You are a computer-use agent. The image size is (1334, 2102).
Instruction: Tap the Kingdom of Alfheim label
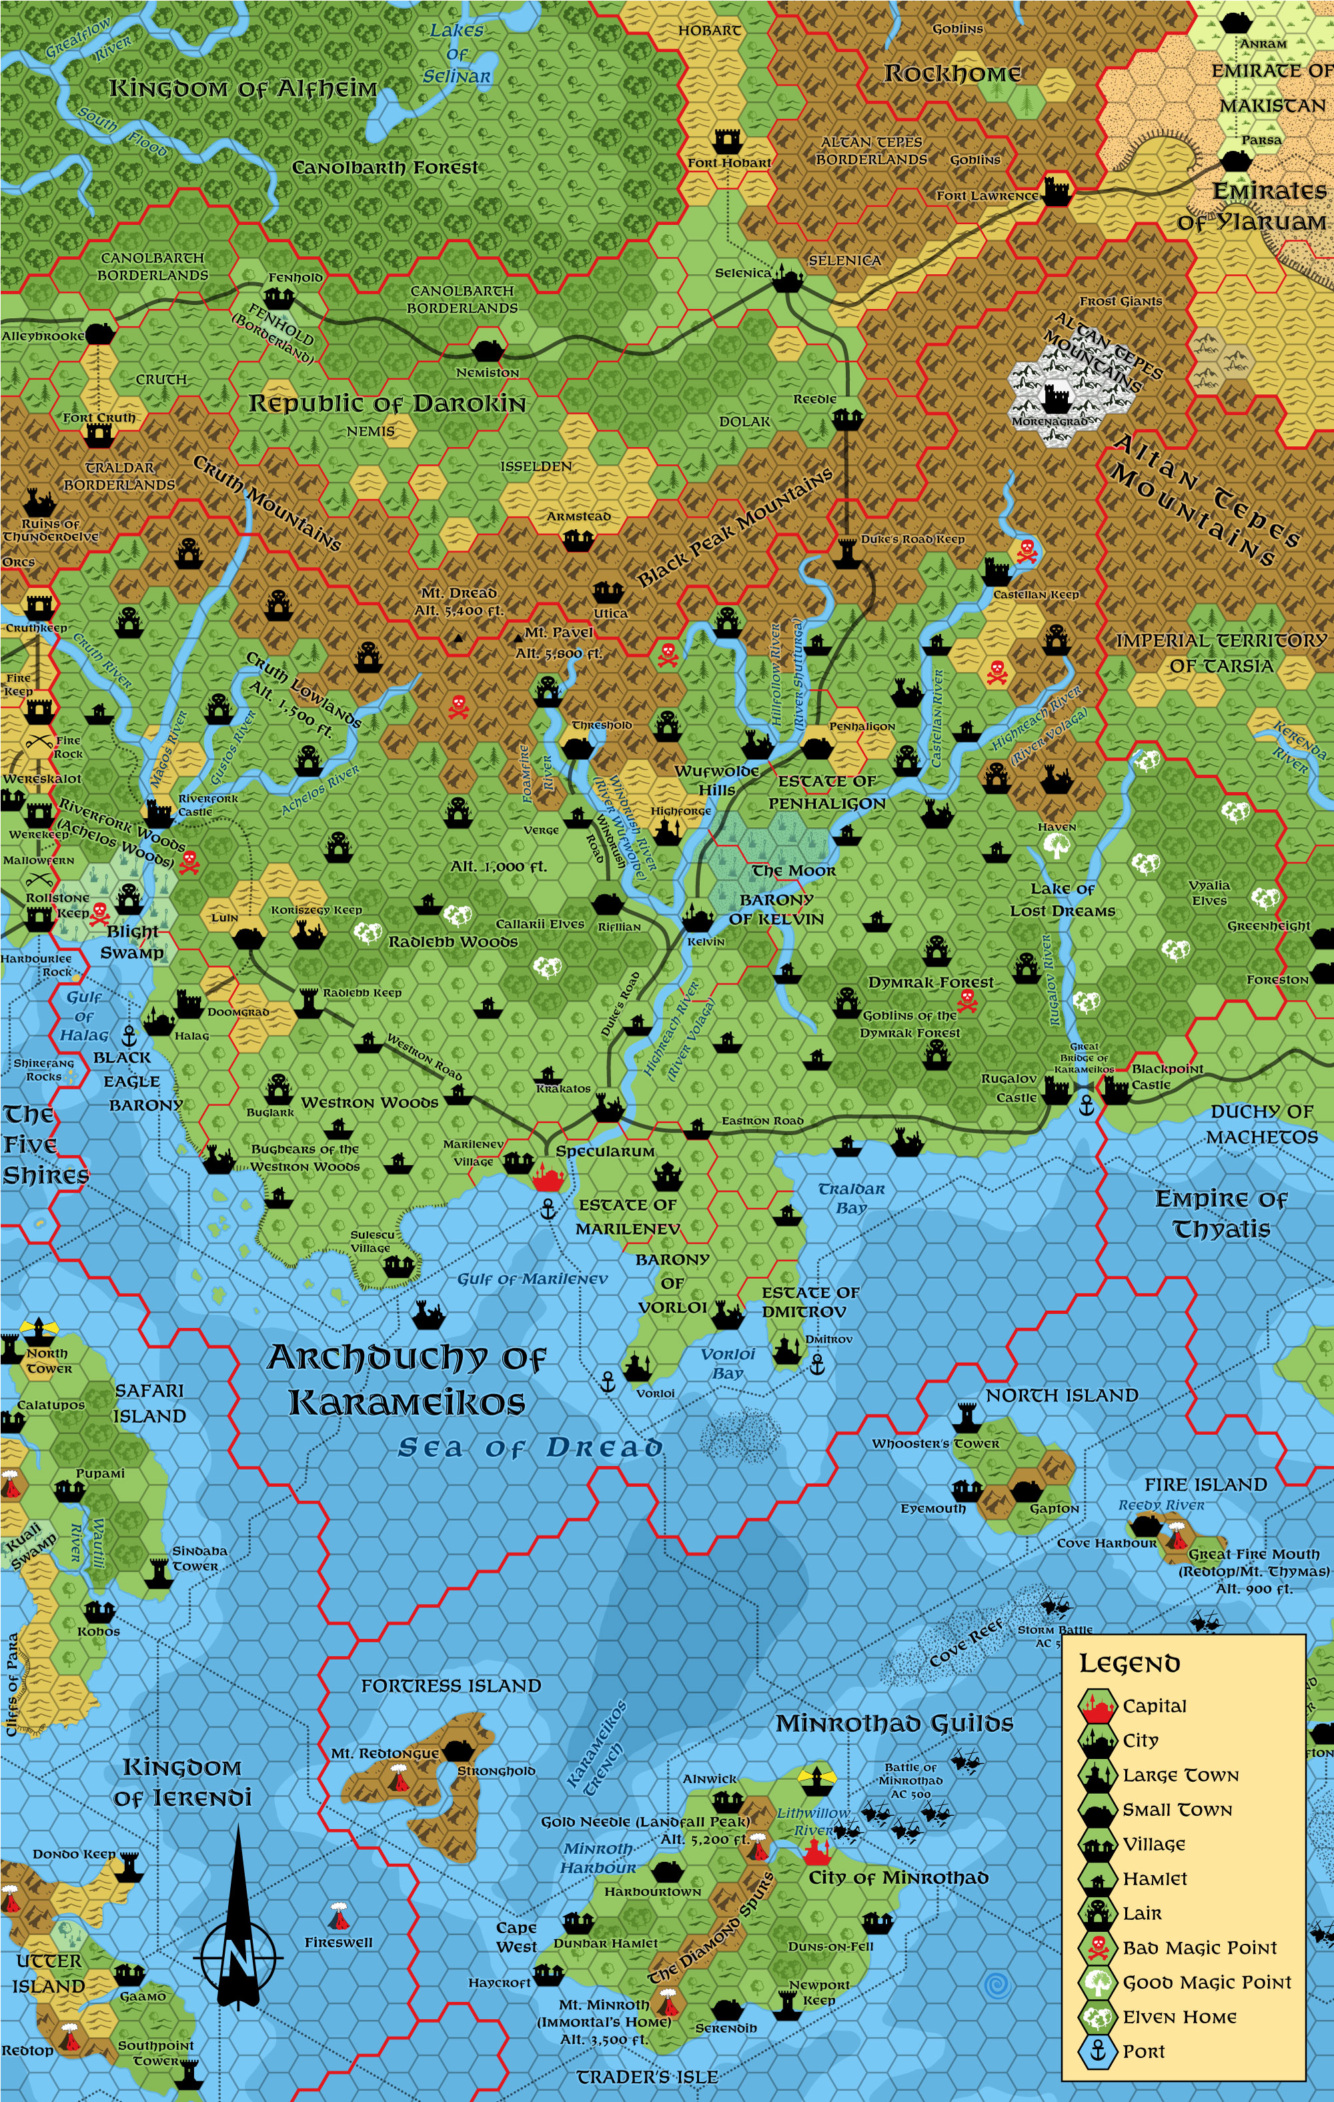pos(243,88)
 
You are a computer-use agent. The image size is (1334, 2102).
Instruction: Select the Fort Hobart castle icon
pos(727,139)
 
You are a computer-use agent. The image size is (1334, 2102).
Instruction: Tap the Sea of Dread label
pos(530,1448)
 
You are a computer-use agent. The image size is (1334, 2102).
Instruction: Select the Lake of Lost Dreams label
pos(1063,899)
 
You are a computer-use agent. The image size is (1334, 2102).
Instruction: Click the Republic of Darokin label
pos(387,404)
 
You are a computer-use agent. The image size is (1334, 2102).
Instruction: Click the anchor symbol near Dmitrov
pos(817,1364)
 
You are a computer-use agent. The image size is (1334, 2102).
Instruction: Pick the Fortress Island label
pos(450,1686)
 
